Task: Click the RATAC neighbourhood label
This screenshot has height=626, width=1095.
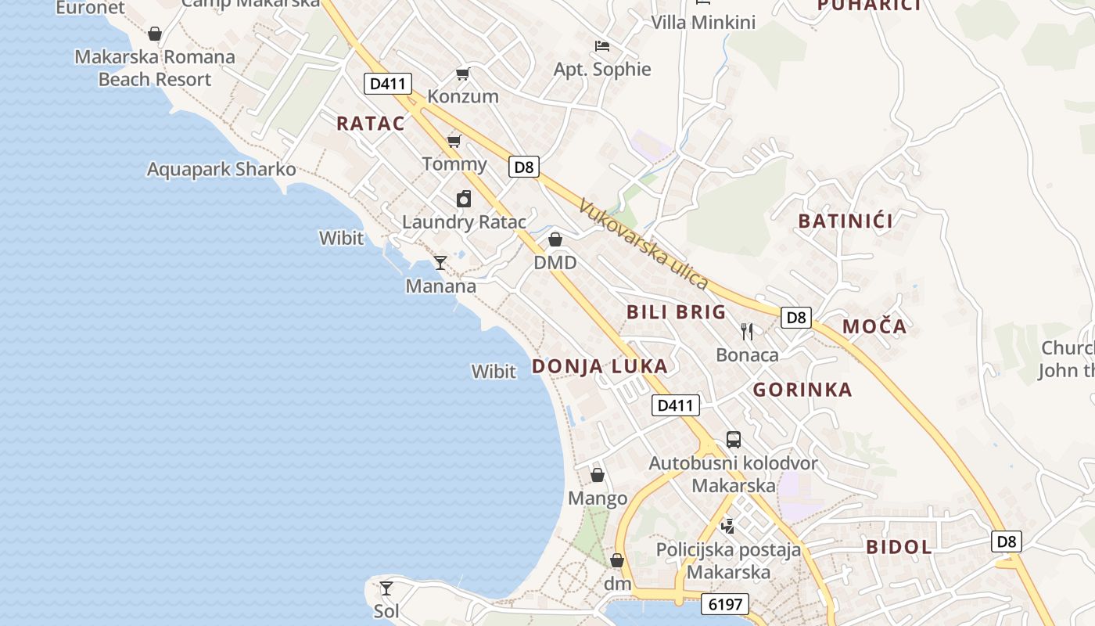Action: (371, 123)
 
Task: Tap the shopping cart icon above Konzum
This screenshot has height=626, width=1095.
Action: (463, 74)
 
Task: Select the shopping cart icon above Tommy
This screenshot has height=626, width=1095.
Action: (454, 142)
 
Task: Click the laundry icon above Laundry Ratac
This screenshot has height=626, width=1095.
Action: (464, 199)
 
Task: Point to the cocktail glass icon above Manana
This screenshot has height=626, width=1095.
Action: (440, 263)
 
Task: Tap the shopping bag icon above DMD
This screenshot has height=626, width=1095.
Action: (555, 239)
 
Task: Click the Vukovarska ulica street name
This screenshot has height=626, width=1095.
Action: (644, 243)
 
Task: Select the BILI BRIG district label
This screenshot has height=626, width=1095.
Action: (677, 312)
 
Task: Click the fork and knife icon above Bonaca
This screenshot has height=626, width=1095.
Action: (747, 332)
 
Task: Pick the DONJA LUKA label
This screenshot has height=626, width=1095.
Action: (600, 366)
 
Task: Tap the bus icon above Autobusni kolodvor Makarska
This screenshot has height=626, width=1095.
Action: (733, 440)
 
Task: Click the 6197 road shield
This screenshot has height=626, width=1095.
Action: (725, 604)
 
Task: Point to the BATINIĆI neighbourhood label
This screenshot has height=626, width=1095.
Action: (845, 221)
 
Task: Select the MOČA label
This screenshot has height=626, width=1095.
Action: (874, 326)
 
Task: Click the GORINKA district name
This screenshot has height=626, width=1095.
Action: (802, 390)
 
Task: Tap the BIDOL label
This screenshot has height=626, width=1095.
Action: (899, 547)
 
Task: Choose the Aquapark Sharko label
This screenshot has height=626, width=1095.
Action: (221, 169)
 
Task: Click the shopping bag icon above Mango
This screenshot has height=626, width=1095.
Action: (598, 475)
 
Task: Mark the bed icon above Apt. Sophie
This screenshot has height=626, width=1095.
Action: (601, 46)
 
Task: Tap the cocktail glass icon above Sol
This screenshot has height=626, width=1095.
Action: (386, 588)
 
